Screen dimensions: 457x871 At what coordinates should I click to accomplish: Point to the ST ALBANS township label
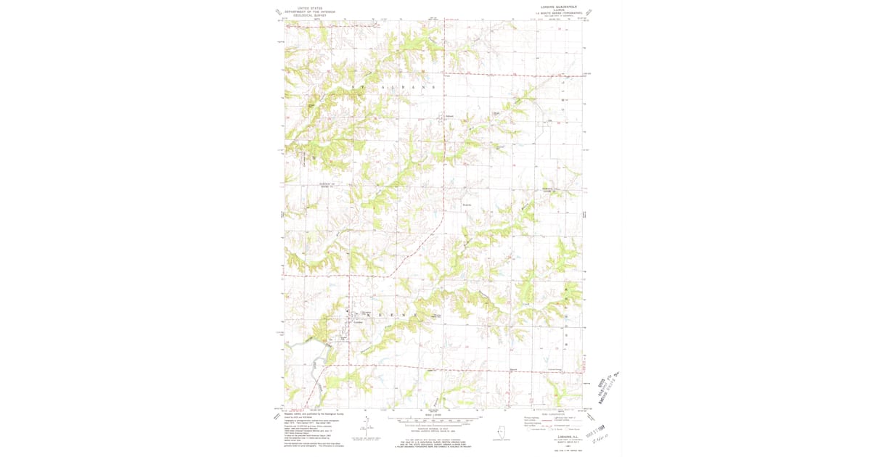point(392,86)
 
